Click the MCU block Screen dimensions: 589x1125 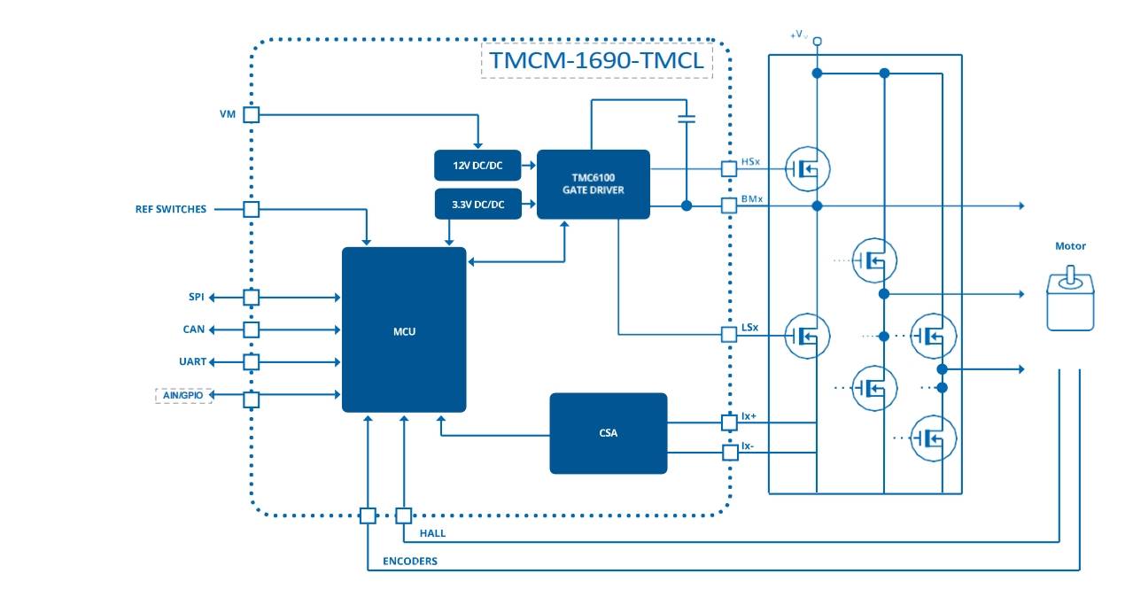(404, 329)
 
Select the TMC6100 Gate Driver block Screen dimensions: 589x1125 (593, 184)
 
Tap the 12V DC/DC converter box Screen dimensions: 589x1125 (478, 166)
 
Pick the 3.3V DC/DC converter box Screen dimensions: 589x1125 (478, 204)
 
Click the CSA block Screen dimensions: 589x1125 (608, 433)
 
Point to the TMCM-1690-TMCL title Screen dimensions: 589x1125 (597, 61)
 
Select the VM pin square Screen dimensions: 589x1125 (251, 114)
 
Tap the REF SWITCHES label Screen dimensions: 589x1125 (171, 210)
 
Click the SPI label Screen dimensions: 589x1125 (197, 297)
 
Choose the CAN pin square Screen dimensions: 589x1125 (251, 329)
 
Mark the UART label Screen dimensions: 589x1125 (192, 361)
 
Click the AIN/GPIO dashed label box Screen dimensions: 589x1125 (183, 395)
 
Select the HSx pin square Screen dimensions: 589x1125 (729, 167)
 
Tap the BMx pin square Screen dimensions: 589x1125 (729, 205)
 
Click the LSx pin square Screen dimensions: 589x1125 (729, 335)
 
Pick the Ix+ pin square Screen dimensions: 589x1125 (729, 422)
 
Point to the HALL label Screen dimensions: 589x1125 (432, 533)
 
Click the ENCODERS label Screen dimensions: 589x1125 (409, 562)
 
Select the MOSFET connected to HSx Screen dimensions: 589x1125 (807, 167)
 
